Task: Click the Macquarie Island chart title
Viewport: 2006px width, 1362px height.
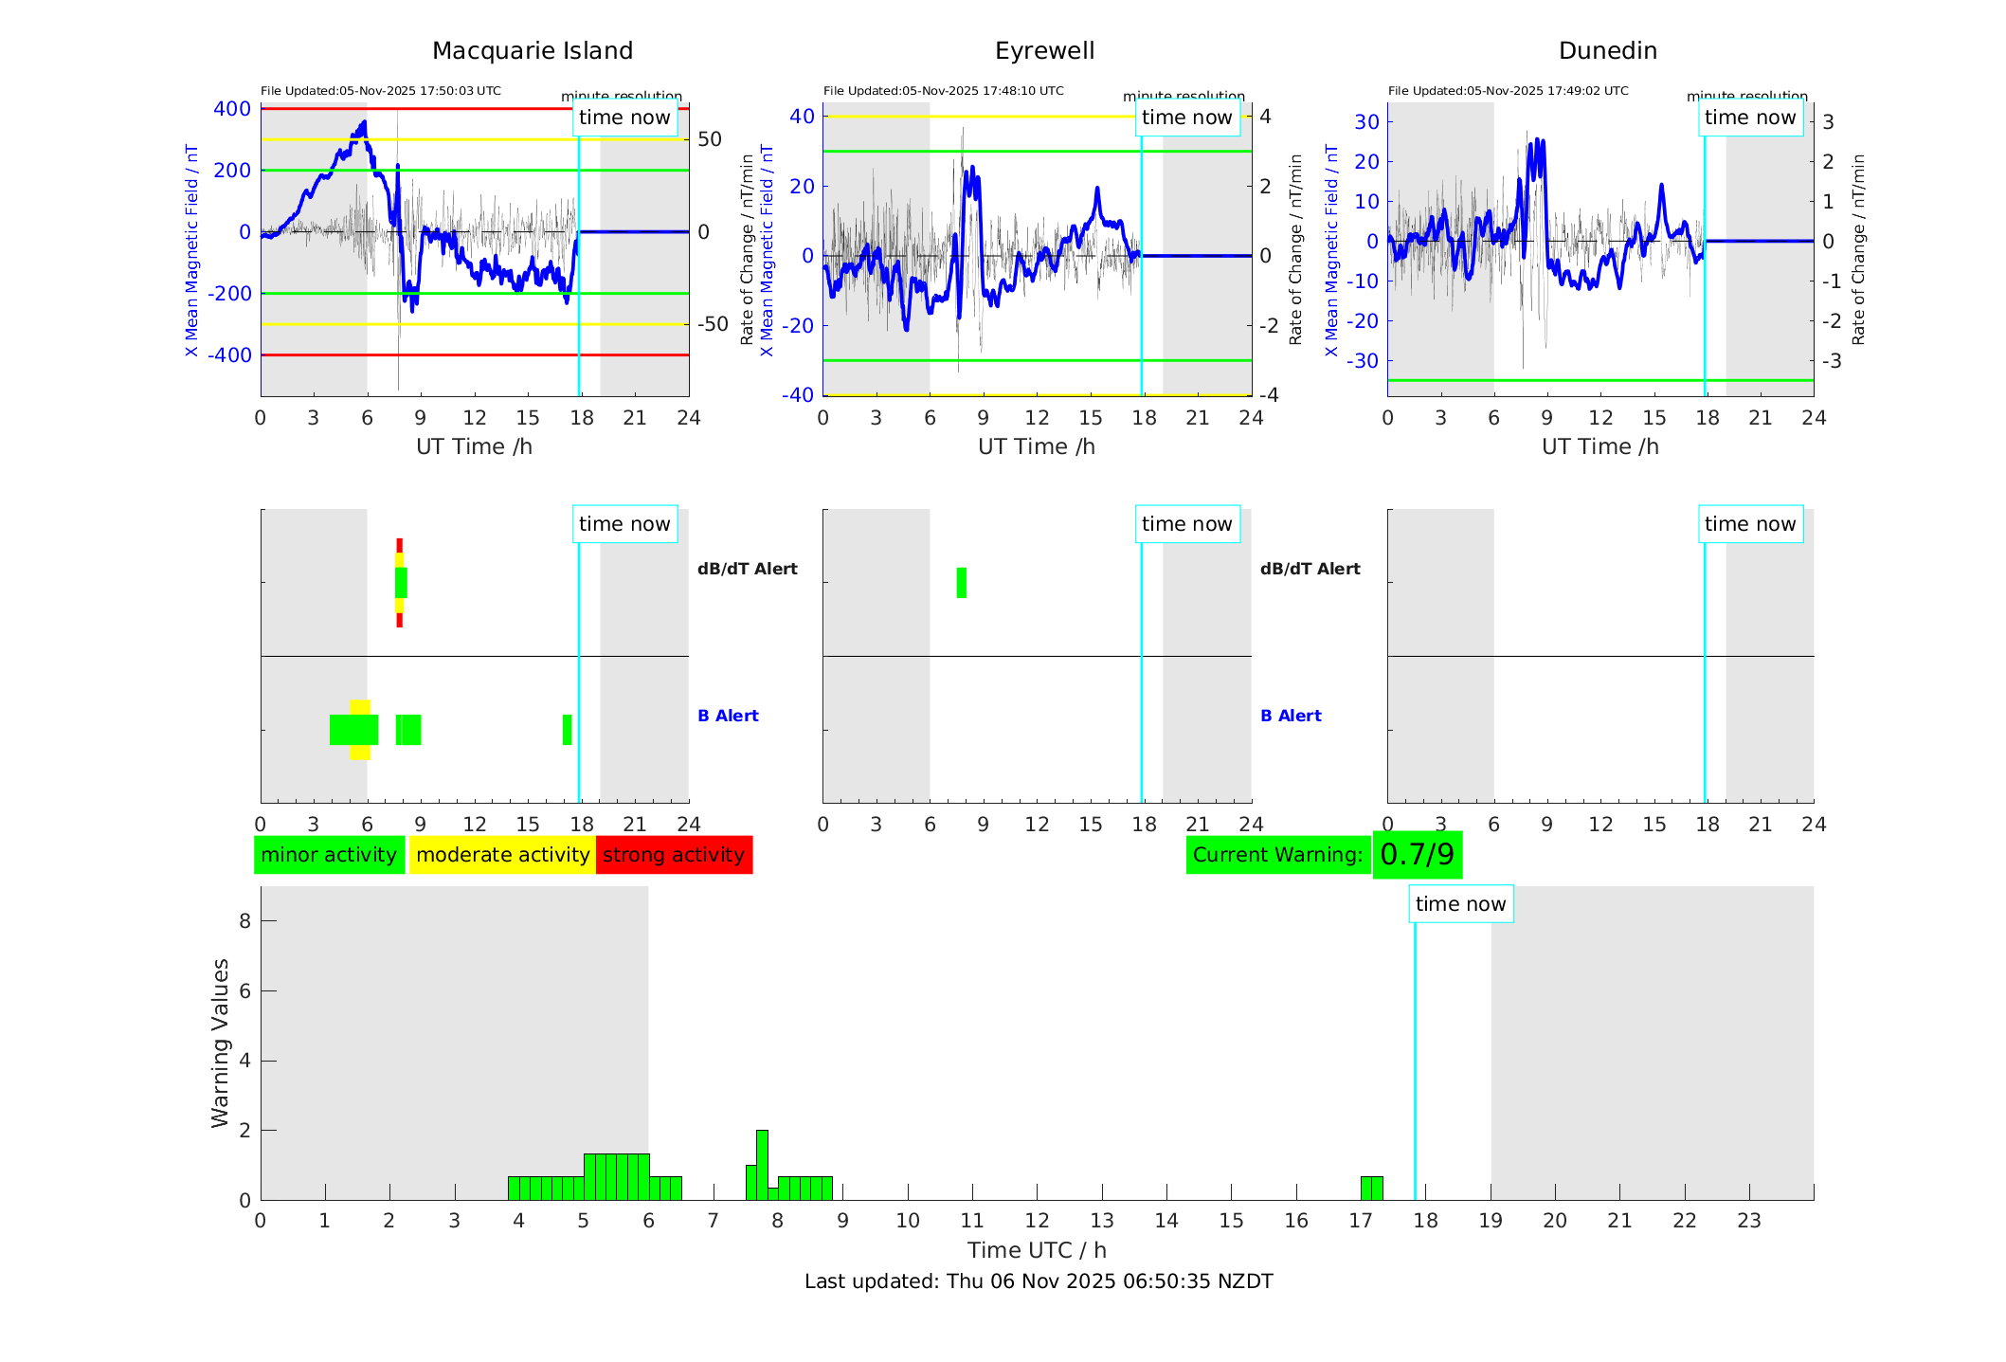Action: point(532,51)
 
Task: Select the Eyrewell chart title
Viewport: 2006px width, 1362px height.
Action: point(1044,51)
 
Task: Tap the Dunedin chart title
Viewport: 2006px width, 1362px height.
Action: point(1607,51)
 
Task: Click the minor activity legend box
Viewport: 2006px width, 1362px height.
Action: point(329,855)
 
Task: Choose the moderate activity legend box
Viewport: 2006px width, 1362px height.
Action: point(502,855)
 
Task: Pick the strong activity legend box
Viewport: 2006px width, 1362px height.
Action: point(674,855)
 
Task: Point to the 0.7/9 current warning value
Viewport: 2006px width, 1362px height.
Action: point(1417,855)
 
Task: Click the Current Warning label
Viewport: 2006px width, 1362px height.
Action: point(1277,855)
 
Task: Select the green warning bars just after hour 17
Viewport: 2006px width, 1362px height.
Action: point(1371,1189)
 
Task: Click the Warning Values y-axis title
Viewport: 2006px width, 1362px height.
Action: point(220,1043)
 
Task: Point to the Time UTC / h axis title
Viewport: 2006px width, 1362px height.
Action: point(1037,1250)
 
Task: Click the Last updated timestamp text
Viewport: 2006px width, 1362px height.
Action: point(1039,1281)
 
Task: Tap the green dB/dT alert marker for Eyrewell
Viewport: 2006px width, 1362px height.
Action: point(962,583)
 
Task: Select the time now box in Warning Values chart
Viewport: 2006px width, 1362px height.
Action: point(1460,904)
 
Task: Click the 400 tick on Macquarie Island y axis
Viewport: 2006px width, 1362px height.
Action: point(232,109)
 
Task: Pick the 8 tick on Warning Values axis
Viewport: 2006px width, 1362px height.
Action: point(244,920)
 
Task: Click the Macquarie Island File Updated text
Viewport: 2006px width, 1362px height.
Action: point(381,91)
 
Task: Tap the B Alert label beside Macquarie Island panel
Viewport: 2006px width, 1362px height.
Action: point(728,716)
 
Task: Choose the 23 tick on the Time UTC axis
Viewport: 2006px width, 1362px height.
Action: point(1748,1221)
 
